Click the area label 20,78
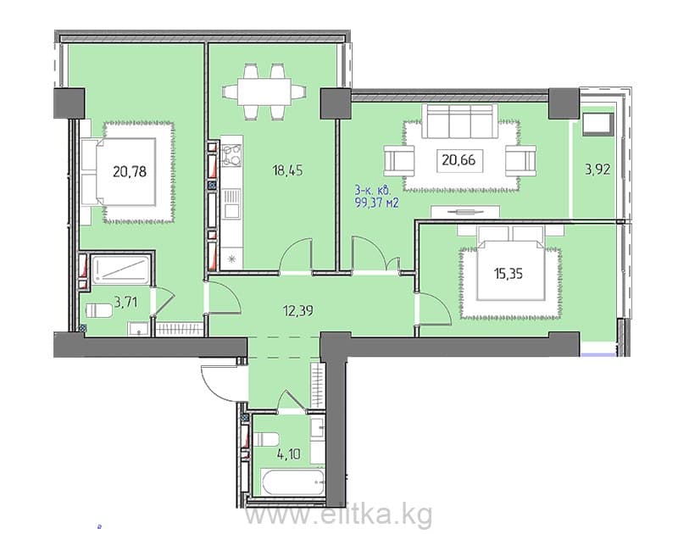[x=130, y=172]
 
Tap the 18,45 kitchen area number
[x=287, y=170]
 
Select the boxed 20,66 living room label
[x=458, y=160]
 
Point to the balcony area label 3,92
[x=597, y=169]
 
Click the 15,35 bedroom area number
[x=508, y=274]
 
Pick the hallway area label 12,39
[x=298, y=310]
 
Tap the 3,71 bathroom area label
[x=125, y=302]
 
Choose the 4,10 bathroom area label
[x=289, y=454]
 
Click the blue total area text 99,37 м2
[x=376, y=203]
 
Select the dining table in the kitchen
[x=264, y=92]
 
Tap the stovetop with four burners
[x=231, y=155]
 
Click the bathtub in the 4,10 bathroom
[x=292, y=482]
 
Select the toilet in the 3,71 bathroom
[x=99, y=310]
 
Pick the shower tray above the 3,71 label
[x=121, y=270]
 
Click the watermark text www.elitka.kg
[x=338, y=514]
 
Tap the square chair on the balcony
[x=597, y=124]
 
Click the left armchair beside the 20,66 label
[x=398, y=160]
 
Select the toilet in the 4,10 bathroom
[x=265, y=440]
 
